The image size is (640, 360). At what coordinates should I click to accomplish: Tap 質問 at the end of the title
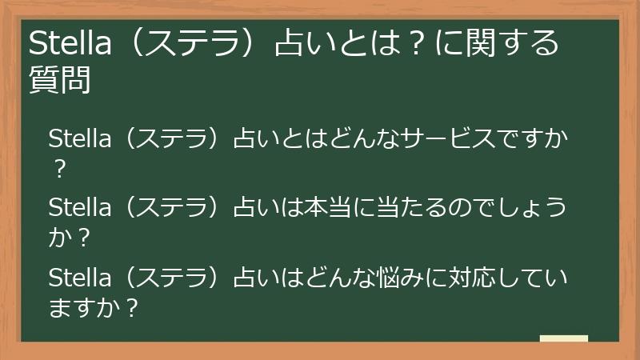click(60, 81)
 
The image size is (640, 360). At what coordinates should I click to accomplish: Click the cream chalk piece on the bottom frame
click(563, 339)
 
